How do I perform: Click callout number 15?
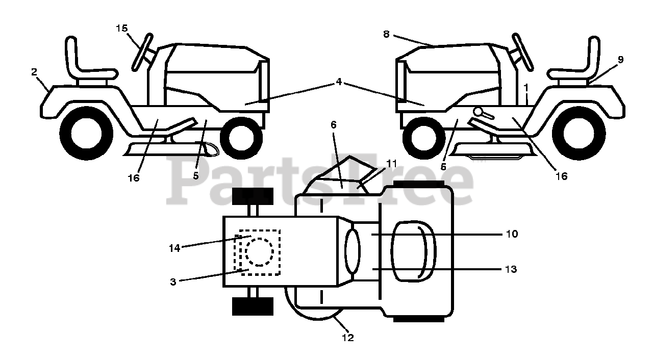(x=121, y=29)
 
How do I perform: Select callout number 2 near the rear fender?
(x=34, y=72)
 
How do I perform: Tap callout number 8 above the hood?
(x=386, y=34)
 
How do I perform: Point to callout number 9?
(x=620, y=59)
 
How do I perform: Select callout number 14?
(x=174, y=248)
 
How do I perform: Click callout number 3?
(x=173, y=281)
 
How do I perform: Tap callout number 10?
(x=512, y=234)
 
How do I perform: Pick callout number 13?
(x=511, y=269)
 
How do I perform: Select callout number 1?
(x=526, y=88)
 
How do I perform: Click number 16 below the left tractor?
(x=133, y=178)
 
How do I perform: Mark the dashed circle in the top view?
(x=259, y=251)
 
